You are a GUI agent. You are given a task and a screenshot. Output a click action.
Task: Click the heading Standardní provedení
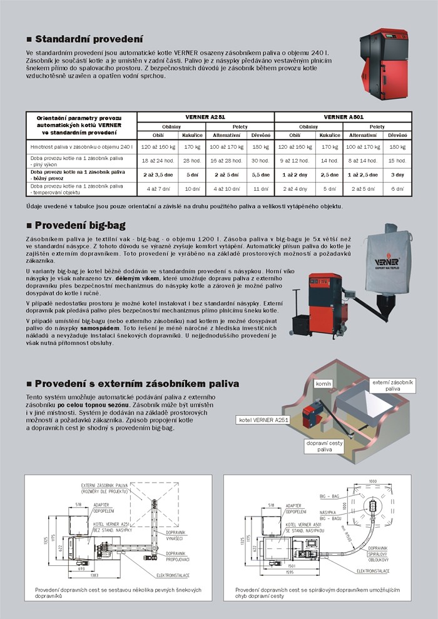pos(88,39)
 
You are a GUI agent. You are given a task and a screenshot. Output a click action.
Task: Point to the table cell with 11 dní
pos(260,188)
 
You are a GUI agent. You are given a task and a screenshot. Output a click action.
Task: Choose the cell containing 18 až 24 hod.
pos(155,161)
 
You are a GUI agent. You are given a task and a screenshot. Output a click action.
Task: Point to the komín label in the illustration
pos(323,383)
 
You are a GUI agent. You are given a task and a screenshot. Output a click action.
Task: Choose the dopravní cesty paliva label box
pos(325,446)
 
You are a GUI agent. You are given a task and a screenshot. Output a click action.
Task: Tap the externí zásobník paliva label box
pos(393,385)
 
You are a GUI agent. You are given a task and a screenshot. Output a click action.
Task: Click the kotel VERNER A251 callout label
pos(263,420)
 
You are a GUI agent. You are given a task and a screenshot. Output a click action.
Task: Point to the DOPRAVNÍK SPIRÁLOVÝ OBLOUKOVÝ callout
pos(375,553)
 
